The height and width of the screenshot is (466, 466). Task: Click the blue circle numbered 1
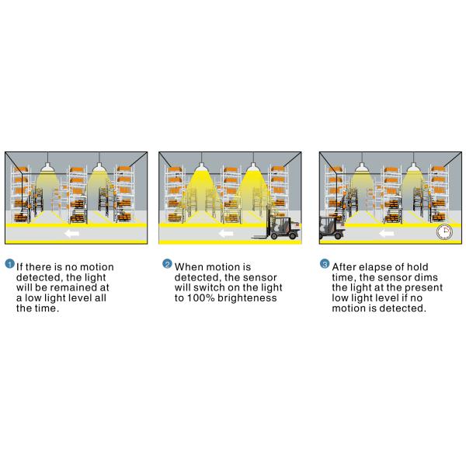pyautogui.click(x=10, y=263)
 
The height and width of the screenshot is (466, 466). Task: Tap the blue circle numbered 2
pyautogui.click(x=167, y=263)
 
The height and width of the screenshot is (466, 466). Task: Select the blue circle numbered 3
pyautogui.click(x=325, y=263)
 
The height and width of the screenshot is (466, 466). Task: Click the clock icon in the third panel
pyautogui.click(x=444, y=231)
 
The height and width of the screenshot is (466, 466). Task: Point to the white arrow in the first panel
pyautogui.click(x=71, y=234)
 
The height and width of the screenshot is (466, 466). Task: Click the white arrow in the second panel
pyautogui.click(x=226, y=234)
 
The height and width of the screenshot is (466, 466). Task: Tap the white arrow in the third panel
pyautogui.click(x=386, y=234)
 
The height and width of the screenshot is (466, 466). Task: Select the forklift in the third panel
pyautogui.click(x=332, y=228)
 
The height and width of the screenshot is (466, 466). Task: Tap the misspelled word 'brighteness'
pyautogui.click(x=247, y=298)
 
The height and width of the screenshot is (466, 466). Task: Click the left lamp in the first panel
pyautogui.click(x=47, y=167)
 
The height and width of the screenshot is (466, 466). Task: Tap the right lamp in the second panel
pyautogui.click(x=253, y=168)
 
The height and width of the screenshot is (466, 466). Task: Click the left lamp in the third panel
pyautogui.click(x=362, y=167)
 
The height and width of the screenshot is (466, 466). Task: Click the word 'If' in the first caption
pyautogui.click(x=19, y=267)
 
